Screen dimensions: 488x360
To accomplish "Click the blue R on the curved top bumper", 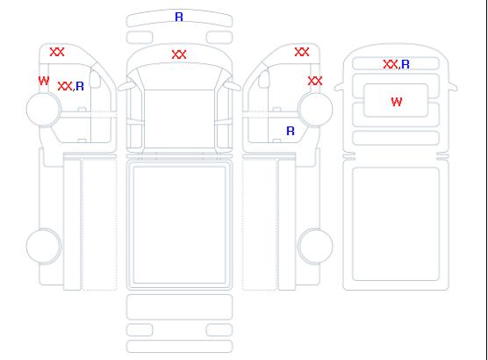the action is [x=179, y=17].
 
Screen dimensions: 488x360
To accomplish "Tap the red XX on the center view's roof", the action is [x=179, y=54].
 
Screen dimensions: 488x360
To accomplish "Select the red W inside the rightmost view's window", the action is [x=397, y=102].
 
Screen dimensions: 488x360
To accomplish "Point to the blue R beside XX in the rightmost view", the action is [x=405, y=64].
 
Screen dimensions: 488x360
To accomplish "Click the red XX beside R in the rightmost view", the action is [x=391, y=64].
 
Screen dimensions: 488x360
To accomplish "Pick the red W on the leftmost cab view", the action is [x=44, y=81].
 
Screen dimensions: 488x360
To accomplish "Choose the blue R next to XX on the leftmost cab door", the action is [x=80, y=86].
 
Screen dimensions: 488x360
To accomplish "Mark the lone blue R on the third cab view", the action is [x=291, y=131].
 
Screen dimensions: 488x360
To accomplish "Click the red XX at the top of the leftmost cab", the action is [x=57, y=52].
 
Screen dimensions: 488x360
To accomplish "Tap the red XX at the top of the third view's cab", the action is [x=302, y=52].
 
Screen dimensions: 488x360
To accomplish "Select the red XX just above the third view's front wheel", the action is [x=315, y=81].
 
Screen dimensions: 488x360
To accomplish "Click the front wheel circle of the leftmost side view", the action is [x=44, y=109].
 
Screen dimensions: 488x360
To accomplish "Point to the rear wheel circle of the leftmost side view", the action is [x=44, y=246].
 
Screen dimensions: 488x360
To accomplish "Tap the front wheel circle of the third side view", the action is [x=315, y=109].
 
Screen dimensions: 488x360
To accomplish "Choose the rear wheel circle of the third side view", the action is [x=315, y=246].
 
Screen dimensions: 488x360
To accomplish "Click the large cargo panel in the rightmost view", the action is [x=396, y=224].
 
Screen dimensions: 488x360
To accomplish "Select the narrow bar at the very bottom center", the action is [x=180, y=347].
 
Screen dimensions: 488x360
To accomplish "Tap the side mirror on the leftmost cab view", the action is [x=95, y=79].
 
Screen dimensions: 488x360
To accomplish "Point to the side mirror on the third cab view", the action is [x=264, y=79].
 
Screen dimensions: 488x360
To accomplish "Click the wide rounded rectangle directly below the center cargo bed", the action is [x=180, y=307].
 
